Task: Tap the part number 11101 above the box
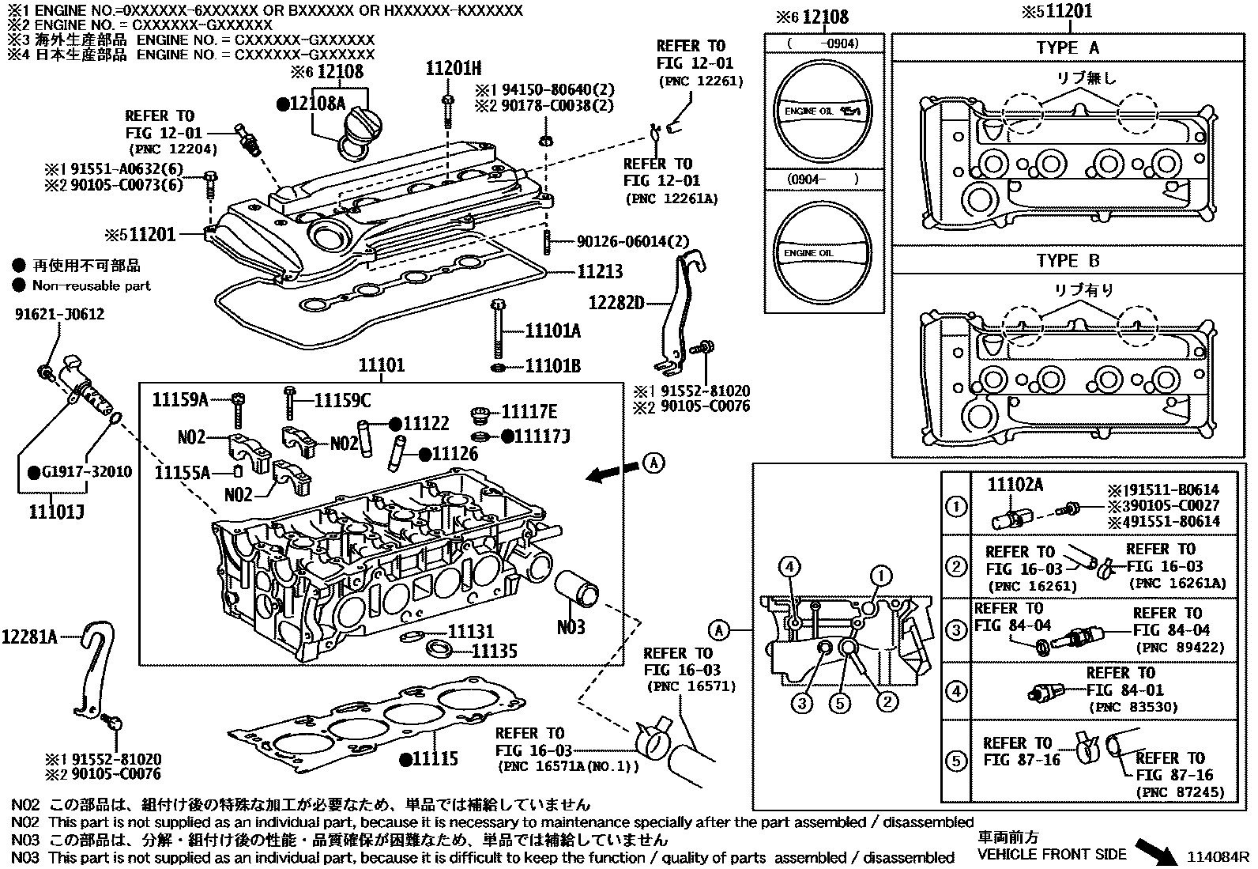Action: [x=381, y=365]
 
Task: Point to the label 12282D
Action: [x=616, y=302]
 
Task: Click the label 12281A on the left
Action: [x=30, y=636]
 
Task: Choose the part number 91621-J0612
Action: [x=59, y=315]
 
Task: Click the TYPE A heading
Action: [x=1068, y=48]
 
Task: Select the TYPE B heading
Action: [x=1068, y=261]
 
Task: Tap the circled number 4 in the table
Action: [x=956, y=691]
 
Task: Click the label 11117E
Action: [x=529, y=412]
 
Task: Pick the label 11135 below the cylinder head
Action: [x=494, y=651]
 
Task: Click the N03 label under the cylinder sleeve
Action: [x=571, y=627]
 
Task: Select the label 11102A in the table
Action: [x=1015, y=485]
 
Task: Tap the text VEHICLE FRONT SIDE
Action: [x=1052, y=854]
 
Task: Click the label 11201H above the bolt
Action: [x=454, y=69]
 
